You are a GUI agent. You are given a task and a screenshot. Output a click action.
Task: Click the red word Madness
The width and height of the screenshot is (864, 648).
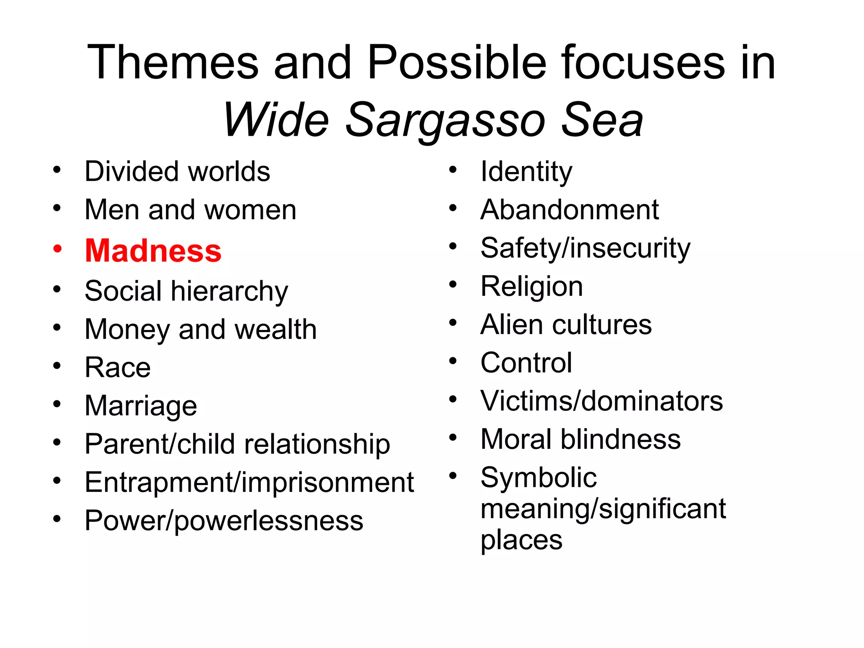point(153,251)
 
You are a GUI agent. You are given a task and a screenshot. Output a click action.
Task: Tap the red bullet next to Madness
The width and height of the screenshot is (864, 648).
point(57,248)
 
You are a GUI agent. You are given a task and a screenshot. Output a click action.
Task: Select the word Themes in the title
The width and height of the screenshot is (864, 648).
point(173,62)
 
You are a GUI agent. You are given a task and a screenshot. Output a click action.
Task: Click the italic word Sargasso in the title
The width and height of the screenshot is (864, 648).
point(445,121)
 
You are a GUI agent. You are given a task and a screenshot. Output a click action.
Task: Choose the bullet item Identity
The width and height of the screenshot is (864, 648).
point(526,171)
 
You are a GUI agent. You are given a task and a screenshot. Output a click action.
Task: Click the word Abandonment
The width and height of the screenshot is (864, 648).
point(569,210)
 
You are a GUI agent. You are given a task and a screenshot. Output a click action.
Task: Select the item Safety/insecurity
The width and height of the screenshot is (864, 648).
point(585,248)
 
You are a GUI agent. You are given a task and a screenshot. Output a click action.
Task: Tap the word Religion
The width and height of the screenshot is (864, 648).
point(532,286)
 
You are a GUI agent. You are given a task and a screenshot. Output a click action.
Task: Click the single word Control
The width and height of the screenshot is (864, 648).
point(526,363)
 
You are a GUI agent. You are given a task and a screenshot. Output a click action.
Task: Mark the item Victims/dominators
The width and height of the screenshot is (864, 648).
point(601,401)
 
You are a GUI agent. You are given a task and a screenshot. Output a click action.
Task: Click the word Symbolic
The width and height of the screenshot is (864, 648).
point(538,478)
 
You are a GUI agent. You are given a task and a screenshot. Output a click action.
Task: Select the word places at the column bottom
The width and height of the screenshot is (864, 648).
point(521,540)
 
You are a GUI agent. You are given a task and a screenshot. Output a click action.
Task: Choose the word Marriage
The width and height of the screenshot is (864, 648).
point(141,406)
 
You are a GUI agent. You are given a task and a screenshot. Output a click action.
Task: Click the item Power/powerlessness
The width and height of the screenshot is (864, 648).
point(224,521)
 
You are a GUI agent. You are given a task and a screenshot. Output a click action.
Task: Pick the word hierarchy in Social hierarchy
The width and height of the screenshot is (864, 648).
point(229,291)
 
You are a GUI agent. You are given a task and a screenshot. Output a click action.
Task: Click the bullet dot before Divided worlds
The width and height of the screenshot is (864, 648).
point(57,170)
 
